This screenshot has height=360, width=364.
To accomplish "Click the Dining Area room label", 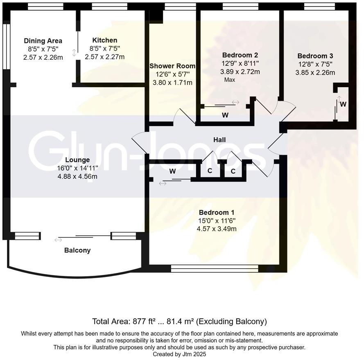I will click(43, 40).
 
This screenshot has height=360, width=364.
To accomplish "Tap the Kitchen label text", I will click(104, 40).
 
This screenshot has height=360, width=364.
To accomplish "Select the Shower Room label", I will click(172, 66).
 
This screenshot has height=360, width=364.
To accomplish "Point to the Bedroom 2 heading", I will click(240, 55).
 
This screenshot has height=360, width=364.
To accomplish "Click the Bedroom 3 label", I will click(315, 56).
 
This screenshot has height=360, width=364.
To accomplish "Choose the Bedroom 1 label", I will click(217, 212).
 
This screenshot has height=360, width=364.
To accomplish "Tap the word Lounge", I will click(77, 160).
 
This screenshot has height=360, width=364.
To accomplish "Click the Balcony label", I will click(77, 250).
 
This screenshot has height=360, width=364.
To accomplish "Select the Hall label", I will click(219, 140).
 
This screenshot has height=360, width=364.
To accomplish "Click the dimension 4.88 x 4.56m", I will click(77, 176).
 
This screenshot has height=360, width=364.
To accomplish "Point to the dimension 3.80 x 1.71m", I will click(172, 83).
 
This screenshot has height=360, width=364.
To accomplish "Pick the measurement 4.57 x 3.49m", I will click(217, 229).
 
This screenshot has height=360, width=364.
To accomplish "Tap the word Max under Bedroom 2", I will click(230, 80).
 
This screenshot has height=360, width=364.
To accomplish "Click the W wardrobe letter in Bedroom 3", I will click(343, 104).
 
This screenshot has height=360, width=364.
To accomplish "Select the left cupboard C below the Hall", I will click(210, 171).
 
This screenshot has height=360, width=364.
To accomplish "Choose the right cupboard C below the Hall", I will click(233, 171).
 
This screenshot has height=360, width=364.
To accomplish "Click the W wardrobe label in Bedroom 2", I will click(225, 115).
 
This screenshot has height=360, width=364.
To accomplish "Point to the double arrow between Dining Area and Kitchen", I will click(74, 53).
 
